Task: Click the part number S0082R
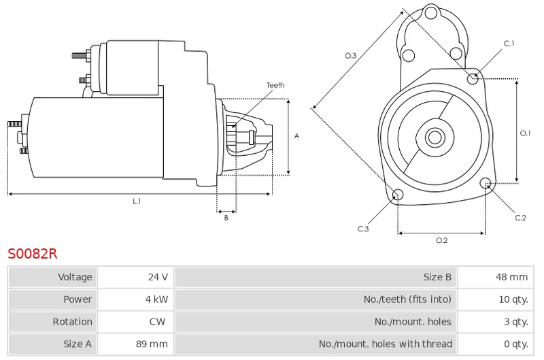click(32, 254)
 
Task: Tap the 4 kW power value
click(156, 299)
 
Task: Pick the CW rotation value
click(157, 321)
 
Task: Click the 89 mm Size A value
click(152, 344)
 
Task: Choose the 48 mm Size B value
click(512, 277)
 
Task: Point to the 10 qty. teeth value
click(513, 299)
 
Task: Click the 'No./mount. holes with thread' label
click(386, 344)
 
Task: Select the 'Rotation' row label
click(73, 321)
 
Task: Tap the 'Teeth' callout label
click(275, 85)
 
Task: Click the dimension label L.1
click(137, 201)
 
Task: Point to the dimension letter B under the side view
click(226, 218)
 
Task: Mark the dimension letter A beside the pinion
click(296, 136)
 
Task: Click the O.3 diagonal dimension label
click(350, 56)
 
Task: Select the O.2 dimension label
click(441, 240)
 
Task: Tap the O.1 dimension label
click(525, 133)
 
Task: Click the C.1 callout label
click(509, 44)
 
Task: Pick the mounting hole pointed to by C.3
click(398, 195)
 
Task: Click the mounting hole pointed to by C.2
click(486, 183)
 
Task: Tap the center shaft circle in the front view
click(435, 137)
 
